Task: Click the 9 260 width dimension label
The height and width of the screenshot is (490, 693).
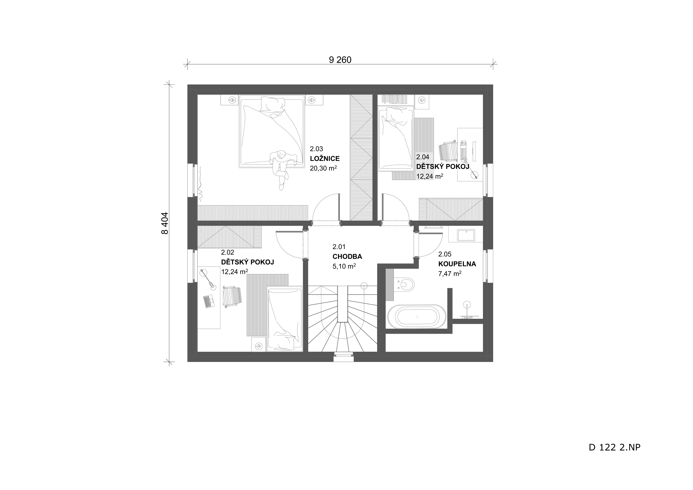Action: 340,60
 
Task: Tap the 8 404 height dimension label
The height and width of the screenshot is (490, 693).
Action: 165,223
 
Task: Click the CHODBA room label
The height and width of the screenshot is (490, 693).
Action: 347,257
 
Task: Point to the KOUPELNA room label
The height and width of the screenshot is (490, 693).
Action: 457,264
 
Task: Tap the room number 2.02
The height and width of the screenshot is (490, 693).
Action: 228,253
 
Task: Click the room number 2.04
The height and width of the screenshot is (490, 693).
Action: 423,157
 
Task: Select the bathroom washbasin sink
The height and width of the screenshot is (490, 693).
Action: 466,235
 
